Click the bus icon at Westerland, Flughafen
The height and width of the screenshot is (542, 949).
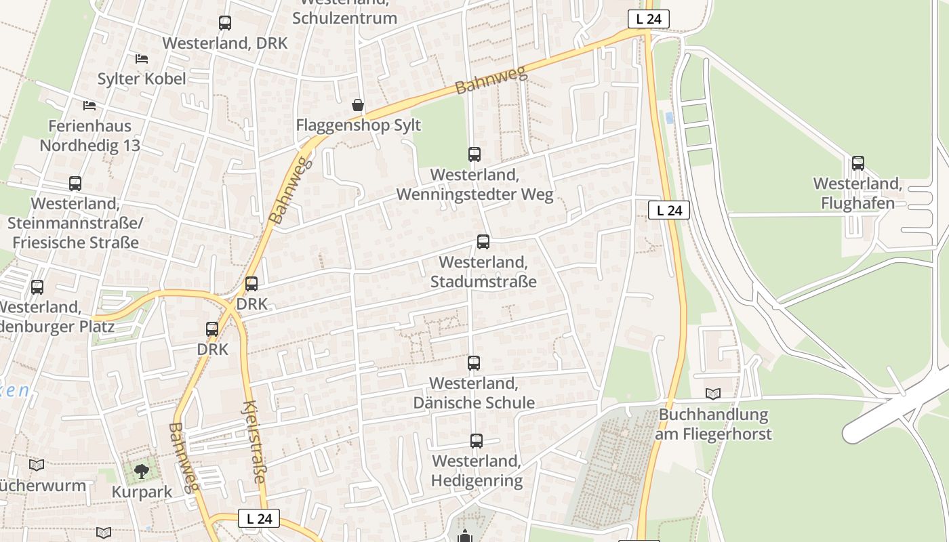click(857, 163)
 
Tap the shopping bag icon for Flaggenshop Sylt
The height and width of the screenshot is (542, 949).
click(357, 105)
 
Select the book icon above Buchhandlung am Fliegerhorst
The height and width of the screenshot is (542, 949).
click(712, 394)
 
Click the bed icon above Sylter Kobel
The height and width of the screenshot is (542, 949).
click(141, 59)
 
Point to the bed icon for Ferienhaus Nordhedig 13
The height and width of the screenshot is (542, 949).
click(89, 105)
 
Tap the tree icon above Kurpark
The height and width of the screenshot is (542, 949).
click(141, 471)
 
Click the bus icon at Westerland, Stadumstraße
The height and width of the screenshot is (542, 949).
click(483, 242)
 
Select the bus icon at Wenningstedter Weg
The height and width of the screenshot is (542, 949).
click(474, 154)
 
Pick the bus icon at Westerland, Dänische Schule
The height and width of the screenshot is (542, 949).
click(473, 363)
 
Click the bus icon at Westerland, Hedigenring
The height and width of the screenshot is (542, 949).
click(476, 441)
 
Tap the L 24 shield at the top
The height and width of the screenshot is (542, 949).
click(648, 19)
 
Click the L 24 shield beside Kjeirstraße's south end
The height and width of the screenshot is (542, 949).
click(259, 519)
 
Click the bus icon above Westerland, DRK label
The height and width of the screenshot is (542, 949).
click(224, 23)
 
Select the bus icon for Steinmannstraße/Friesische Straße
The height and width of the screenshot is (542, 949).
click(75, 184)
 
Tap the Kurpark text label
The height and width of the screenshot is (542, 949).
click(142, 492)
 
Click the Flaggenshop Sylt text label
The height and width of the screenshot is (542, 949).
click(358, 125)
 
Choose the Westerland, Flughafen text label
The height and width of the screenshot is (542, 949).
click(857, 193)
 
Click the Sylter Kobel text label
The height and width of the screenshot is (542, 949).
click(141, 79)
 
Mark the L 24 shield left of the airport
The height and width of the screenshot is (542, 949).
click(669, 210)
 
